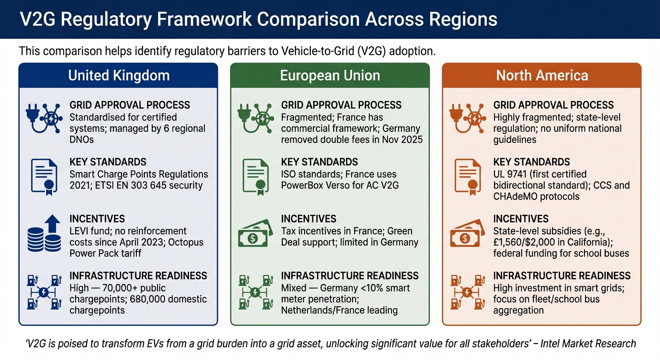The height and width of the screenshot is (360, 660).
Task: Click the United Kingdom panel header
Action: tap(119, 75)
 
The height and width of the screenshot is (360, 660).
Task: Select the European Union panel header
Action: tap(330, 75)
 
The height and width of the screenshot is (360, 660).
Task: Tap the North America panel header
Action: tap(542, 75)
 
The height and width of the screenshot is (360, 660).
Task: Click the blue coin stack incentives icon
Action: tap(44, 233)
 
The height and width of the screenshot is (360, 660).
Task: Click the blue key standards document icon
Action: tap(44, 176)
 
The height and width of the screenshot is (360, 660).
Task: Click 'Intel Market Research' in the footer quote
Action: tap(588, 344)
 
